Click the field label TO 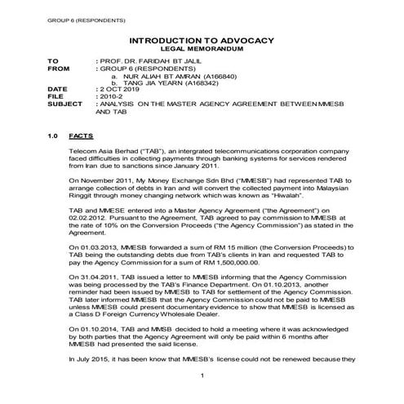coord(53,61)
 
